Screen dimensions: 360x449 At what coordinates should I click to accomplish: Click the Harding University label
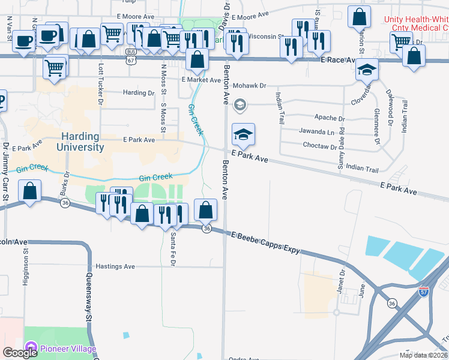coord(80,142)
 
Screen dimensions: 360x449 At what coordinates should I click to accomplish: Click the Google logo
coord(20,353)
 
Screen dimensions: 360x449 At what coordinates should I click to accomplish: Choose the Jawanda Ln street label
coord(317,131)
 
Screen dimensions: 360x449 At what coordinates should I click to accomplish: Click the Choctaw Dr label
coord(319,146)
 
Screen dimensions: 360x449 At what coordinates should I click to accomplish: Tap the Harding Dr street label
coord(139,93)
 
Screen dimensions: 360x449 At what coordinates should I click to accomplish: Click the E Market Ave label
coord(201,80)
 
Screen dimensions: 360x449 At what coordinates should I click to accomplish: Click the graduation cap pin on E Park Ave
coord(243,134)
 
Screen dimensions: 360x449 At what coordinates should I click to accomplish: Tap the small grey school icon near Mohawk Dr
coord(240,106)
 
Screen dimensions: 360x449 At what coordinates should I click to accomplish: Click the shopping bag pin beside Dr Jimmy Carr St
coord(30,191)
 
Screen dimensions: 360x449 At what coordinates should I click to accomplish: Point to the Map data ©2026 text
coord(423,355)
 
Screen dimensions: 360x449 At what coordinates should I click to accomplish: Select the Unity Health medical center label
coord(416,23)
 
